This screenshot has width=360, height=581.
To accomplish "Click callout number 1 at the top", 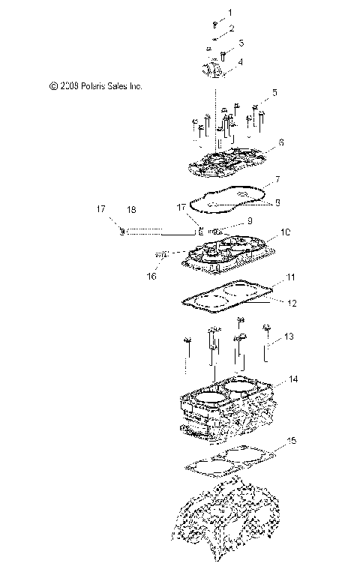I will (229, 13).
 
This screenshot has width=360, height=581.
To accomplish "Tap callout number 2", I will (230, 28).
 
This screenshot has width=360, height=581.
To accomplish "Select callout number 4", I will (240, 62).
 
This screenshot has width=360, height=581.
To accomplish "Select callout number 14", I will (293, 380).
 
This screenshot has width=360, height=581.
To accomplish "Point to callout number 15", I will (292, 441).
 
